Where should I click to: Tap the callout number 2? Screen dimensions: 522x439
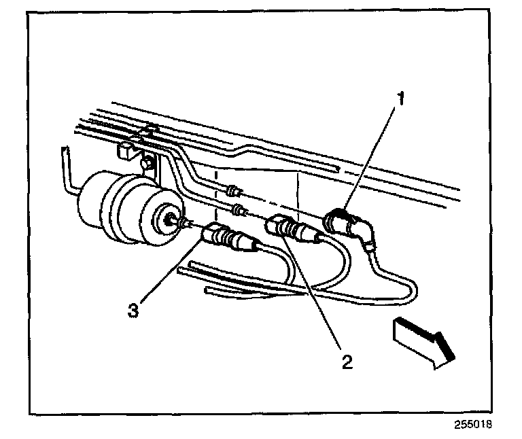(347, 362)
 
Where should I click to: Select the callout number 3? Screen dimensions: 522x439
(135, 311)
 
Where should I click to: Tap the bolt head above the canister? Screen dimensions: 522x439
(146, 163)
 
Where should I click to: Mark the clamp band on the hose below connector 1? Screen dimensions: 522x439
(368, 250)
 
